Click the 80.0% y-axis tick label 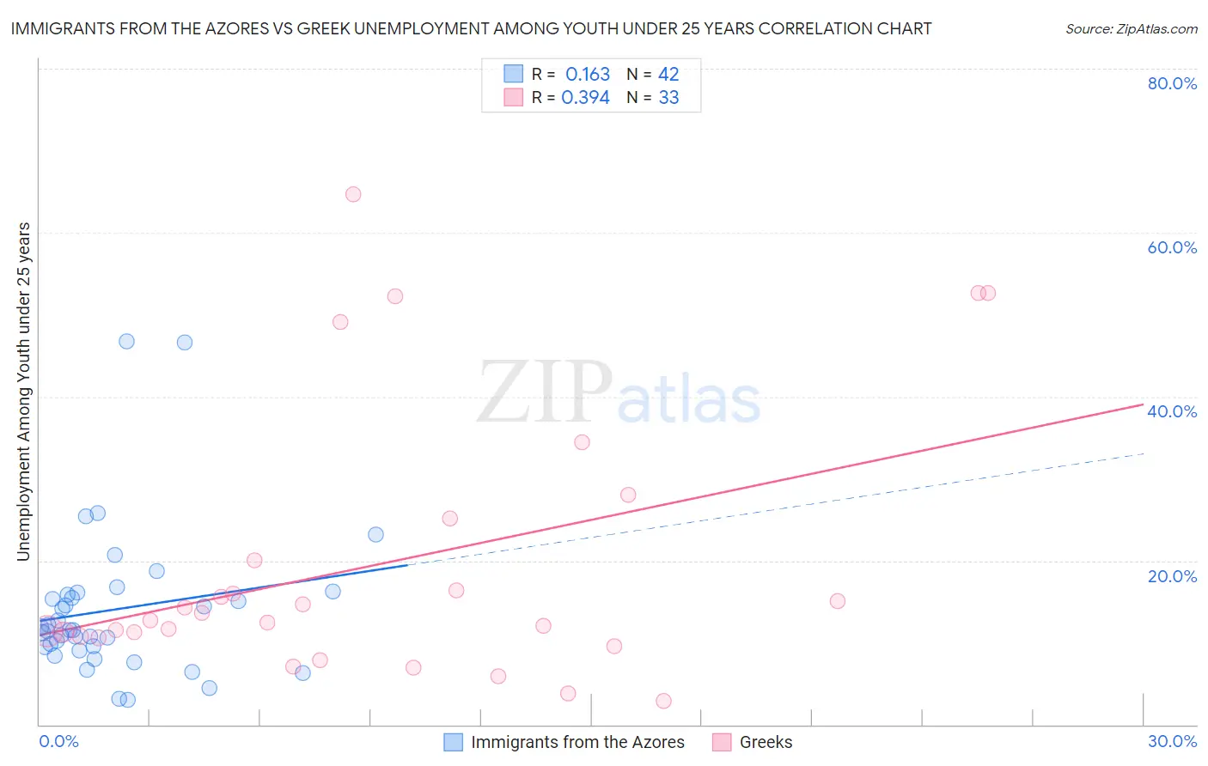(x=1172, y=83)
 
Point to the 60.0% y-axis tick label (x=1172, y=247)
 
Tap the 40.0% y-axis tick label (x=1172, y=411)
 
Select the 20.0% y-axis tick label (x=1172, y=575)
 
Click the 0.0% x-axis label (x=58, y=741)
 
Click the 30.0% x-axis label (x=1172, y=741)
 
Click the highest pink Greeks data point (x=353, y=194)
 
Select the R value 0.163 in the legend (x=588, y=75)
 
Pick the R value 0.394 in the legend (x=585, y=98)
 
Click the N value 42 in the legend (x=668, y=75)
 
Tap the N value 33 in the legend (x=668, y=98)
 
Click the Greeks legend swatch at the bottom (x=722, y=742)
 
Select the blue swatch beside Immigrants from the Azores (x=453, y=742)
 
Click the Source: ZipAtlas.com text (x=1131, y=29)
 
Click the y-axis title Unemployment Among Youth (x=23, y=392)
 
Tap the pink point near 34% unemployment (x=582, y=442)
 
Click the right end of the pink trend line (x=1144, y=404)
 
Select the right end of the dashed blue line (x=1144, y=453)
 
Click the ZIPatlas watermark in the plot (x=619, y=393)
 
